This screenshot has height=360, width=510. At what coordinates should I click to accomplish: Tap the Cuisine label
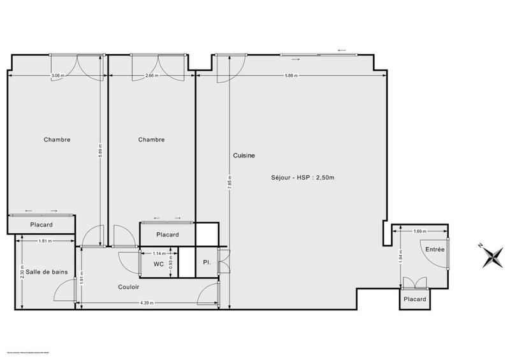point(244,155)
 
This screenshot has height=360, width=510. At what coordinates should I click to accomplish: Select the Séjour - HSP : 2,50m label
point(298,177)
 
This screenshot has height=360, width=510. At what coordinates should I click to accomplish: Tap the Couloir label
point(129,287)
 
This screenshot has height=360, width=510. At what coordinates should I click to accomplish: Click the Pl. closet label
point(207,263)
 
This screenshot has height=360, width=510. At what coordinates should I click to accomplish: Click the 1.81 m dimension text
point(45,241)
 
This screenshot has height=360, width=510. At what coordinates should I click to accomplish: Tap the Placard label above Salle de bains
point(41,225)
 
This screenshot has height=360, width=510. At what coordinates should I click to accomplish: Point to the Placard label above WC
point(168,234)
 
